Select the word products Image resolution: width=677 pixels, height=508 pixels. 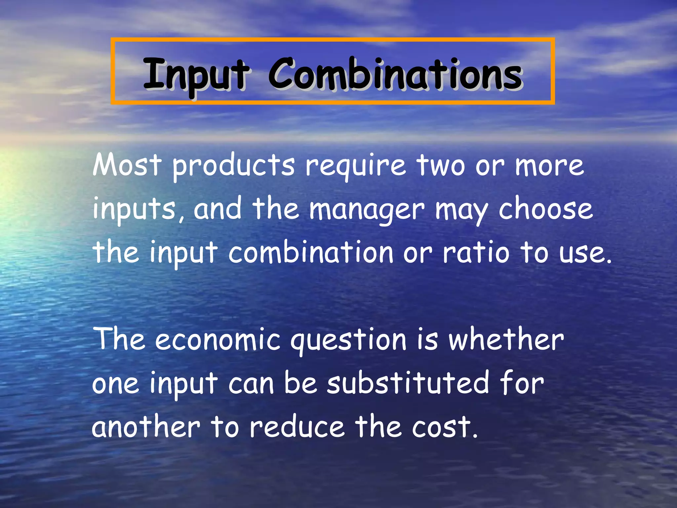click(233, 166)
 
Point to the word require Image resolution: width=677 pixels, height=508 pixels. click(355, 166)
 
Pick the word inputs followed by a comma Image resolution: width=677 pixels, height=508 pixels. click(134, 210)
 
